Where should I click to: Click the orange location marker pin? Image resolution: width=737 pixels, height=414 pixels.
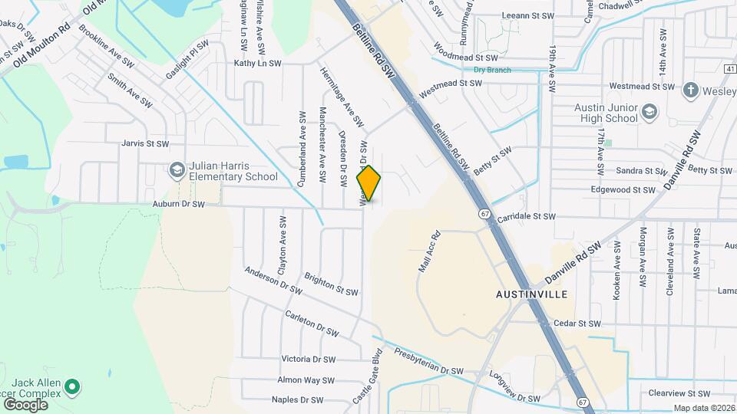369,182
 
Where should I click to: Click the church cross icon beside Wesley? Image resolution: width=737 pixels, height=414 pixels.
691,90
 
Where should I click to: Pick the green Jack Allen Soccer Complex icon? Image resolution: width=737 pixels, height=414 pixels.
71,388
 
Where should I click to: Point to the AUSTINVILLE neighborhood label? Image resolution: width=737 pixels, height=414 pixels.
531,294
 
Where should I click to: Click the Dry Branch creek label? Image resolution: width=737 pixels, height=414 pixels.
492,70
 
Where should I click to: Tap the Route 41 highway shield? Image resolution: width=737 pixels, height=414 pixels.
731,69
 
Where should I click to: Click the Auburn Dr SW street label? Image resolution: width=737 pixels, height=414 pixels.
178,204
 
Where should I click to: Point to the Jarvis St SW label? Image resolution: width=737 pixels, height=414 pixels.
144,143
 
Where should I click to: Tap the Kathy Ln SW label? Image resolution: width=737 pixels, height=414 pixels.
258,64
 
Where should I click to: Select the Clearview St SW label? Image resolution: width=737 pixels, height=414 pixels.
679,393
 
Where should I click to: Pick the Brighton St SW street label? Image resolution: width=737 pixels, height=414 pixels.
331,284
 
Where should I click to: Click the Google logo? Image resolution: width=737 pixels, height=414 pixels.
25,404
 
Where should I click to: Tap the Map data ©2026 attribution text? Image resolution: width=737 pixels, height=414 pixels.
704,408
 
